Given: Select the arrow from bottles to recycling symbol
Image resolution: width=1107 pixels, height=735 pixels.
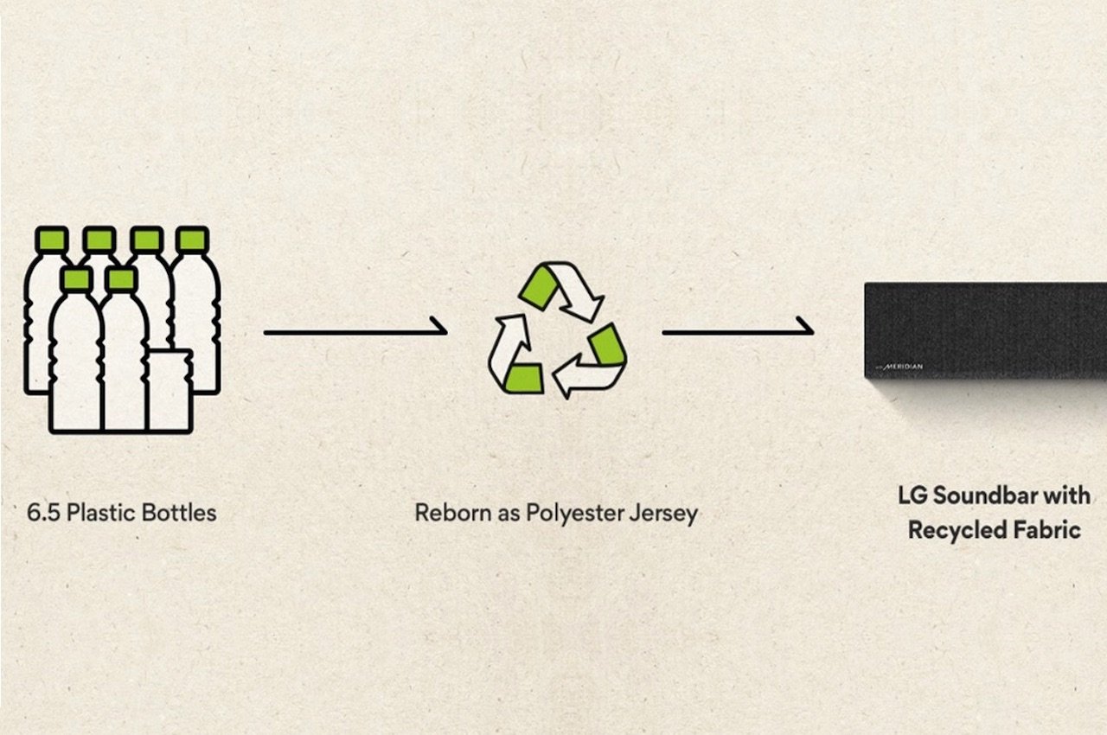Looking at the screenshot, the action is [x=355, y=329].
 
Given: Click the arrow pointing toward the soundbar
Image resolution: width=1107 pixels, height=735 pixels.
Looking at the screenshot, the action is [x=738, y=329].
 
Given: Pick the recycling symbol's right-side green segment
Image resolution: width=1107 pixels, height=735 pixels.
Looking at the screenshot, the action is [x=608, y=344].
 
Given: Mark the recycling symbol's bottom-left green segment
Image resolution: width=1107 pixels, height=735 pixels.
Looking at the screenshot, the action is [x=524, y=377].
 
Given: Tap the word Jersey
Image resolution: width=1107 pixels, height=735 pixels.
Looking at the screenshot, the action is [x=666, y=513].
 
